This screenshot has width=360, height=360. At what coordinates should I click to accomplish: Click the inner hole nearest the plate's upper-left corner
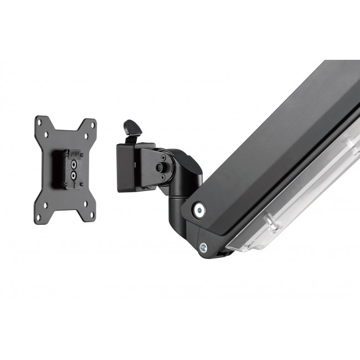[x=46, y=133]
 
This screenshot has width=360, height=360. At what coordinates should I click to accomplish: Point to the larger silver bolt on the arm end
[x=198, y=209]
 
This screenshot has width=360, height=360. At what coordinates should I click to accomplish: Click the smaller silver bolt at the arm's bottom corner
[x=203, y=247]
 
